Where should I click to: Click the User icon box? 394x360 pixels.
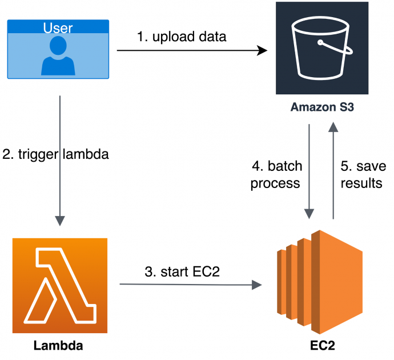coord(58,49)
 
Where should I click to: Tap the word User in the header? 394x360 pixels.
coord(58,27)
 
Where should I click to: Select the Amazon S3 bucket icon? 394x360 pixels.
coord(321,49)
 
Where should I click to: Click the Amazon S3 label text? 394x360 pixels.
coord(321,107)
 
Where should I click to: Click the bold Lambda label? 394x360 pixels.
coord(58,345)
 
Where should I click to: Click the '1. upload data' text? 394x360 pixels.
coord(182,37)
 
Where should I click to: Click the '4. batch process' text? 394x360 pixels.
coord(276,175)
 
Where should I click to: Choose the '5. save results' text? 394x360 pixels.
coord(361,175)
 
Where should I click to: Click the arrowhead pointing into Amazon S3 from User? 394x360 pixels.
coord(263,51)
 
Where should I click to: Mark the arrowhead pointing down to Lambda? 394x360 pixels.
coord(59,221)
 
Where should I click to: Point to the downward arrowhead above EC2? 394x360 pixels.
coord(309,214)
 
